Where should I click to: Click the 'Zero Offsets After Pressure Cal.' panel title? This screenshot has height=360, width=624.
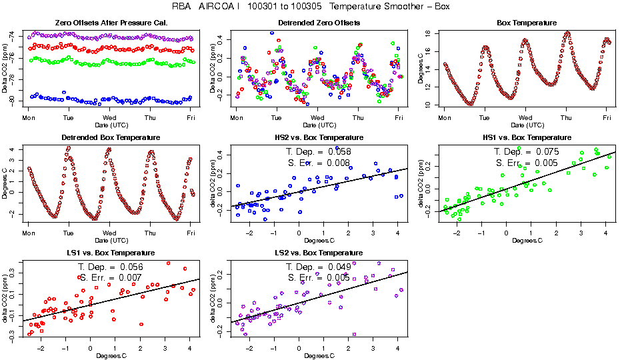(x=111, y=23)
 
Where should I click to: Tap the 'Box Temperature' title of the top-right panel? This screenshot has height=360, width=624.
(x=527, y=23)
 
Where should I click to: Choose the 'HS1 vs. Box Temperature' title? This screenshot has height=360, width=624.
(x=527, y=138)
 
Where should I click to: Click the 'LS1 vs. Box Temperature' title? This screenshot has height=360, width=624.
(x=111, y=253)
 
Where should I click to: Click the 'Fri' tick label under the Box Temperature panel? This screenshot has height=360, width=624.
(x=607, y=117)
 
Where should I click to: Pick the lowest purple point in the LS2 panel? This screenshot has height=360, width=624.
(x=354, y=334)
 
